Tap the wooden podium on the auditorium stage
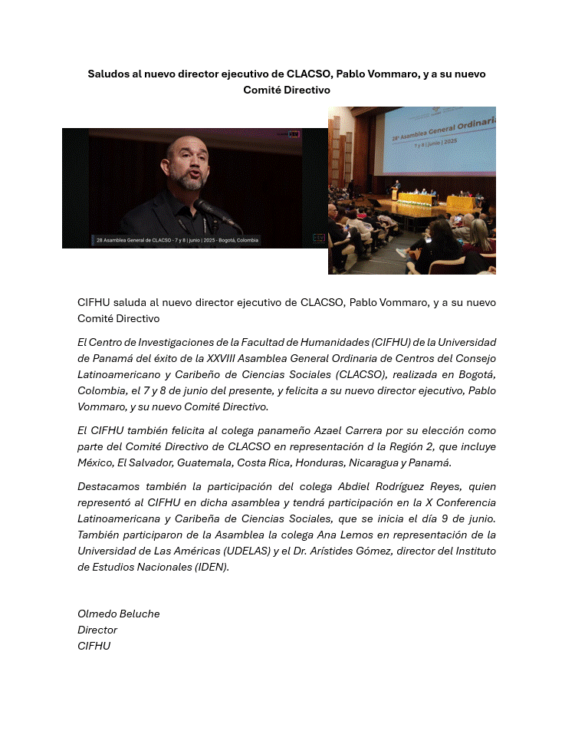(x=396, y=193)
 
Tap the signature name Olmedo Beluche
(x=118, y=614)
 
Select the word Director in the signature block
(x=97, y=630)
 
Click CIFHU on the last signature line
(x=94, y=646)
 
